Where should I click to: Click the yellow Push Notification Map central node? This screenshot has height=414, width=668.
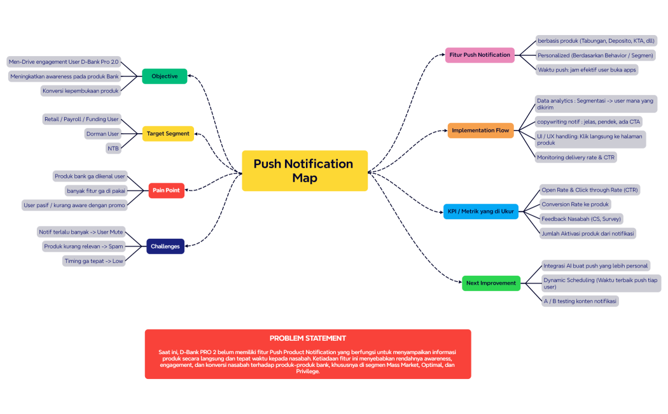click(x=305, y=171)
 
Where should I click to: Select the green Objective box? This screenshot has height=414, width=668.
click(x=164, y=76)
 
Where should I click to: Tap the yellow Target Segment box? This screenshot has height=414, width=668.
click(x=168, y=134)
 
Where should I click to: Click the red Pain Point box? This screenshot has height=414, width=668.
click(x=166, y=190)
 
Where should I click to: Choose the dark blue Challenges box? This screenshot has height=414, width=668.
click(x=165, y=246)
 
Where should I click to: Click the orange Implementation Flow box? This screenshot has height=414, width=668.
click(x=480, y=131)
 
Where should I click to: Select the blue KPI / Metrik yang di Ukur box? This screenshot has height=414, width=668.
click(x=480, y=211)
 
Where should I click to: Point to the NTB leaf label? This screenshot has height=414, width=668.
click(x=113, y=148)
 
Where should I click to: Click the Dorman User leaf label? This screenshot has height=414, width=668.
click(x=102, y=134)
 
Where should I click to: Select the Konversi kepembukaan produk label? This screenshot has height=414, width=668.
click(x=80, y=90)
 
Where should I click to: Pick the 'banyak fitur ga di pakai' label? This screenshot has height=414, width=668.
click(x=96, y=190)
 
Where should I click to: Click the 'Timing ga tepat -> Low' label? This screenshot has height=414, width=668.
click(x=94, y=261)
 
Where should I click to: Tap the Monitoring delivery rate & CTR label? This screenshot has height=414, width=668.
click(x=576, y=157)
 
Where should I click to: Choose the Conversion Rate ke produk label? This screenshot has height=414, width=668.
click(x=575, y=204)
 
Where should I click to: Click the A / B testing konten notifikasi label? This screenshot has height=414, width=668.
click(x=580, y=301)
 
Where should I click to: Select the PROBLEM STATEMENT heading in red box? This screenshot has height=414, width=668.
click(x=307, y=338)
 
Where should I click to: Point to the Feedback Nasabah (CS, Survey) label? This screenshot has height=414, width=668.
click(x=581, y=218)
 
